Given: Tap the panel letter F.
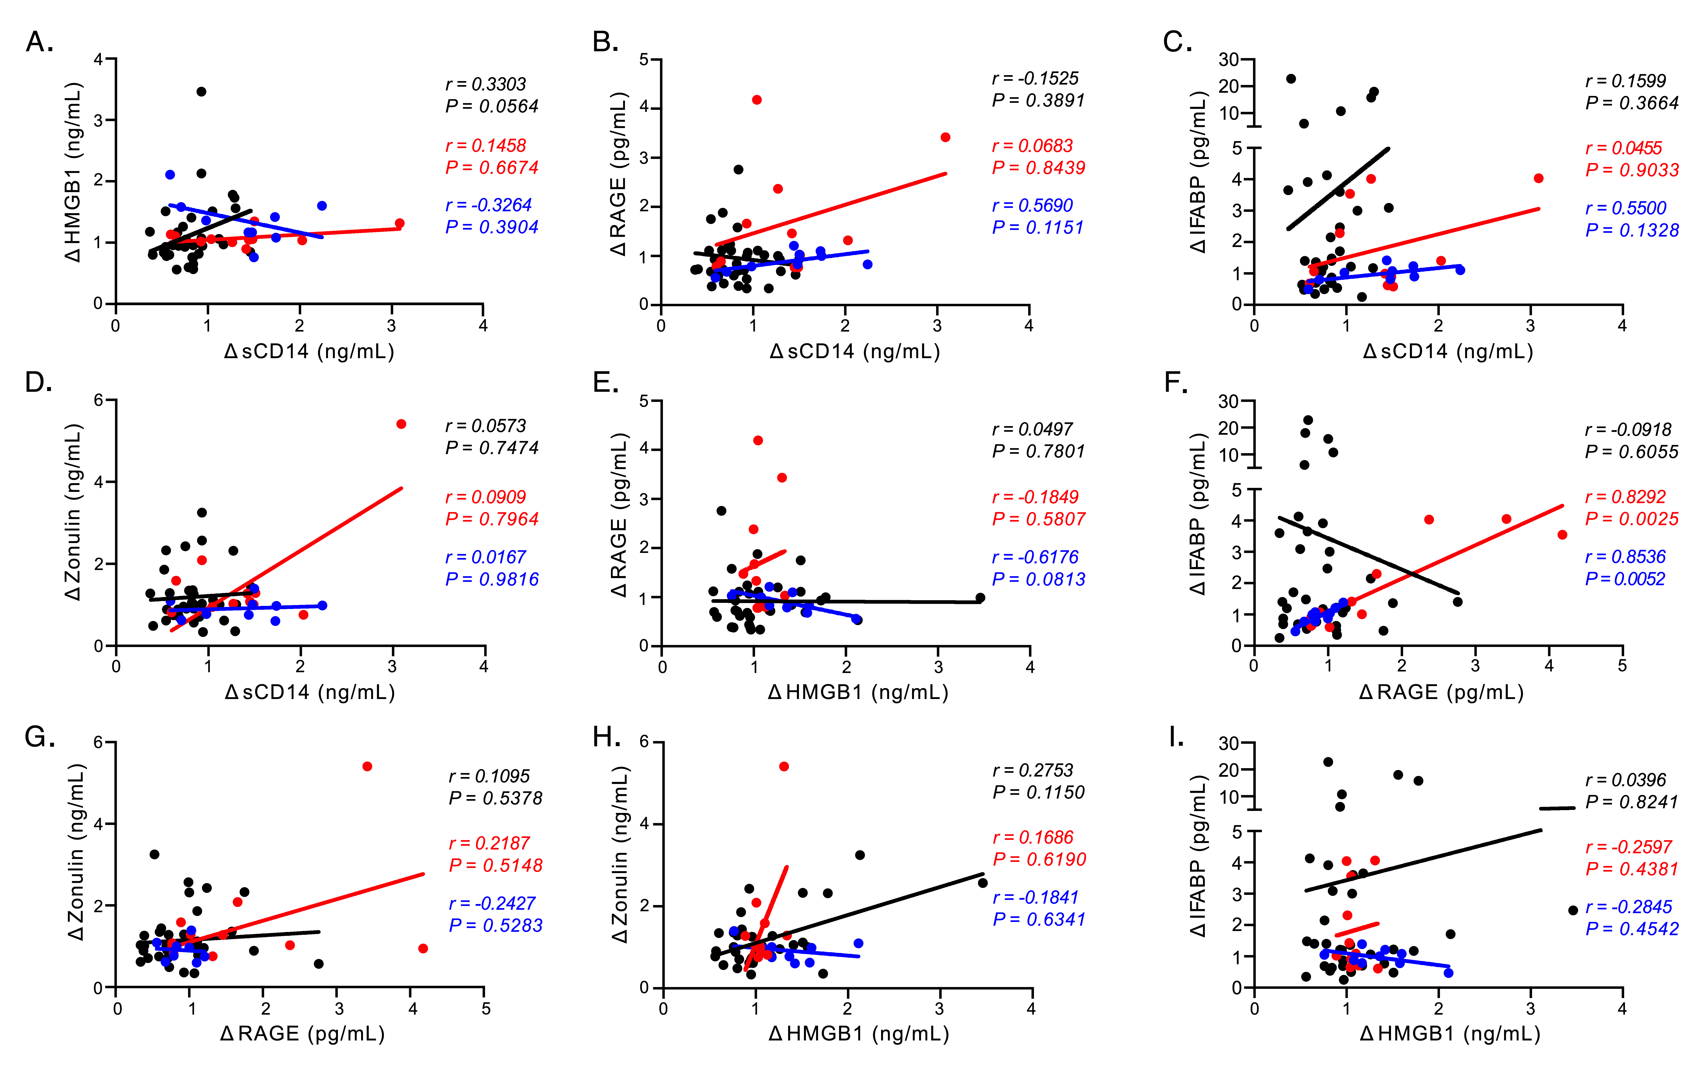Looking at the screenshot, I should (1175, 383).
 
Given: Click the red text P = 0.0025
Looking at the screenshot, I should (1632, 519).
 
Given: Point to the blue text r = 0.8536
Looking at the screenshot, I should (1625, 557).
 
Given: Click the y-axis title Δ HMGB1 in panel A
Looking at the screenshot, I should (73, 173).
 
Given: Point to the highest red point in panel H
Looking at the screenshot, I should (784, 766).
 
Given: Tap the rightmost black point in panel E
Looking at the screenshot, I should (980, 598).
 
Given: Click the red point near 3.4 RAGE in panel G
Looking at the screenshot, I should (367, 766).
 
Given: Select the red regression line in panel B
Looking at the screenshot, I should (833, 208).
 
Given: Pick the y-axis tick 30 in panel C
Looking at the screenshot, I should (1229, 60).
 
